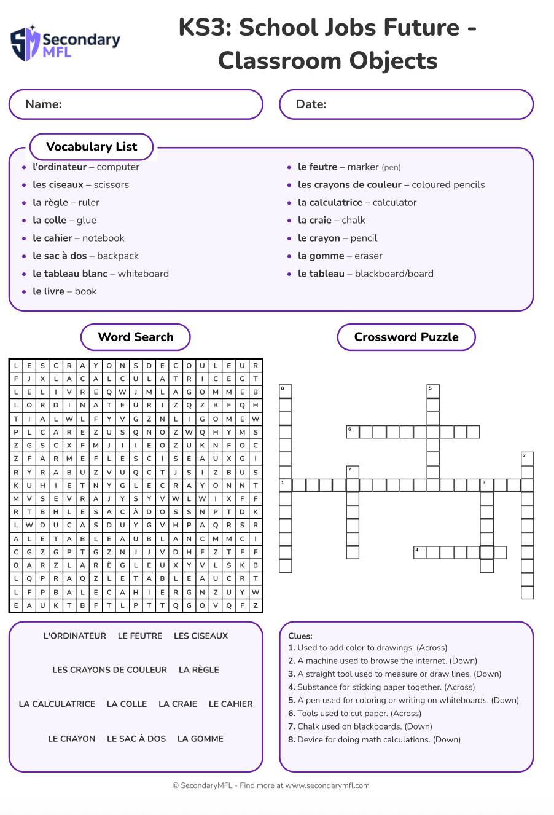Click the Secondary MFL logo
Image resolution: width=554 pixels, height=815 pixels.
coord(66,44)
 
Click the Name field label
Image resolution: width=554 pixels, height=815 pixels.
coord(44,104)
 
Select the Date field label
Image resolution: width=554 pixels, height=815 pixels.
coord(311,104)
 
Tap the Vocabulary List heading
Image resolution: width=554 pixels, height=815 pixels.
coord(92,147)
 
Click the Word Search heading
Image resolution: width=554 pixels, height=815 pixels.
coord(136,337)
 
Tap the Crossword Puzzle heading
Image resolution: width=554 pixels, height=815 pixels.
coord(406,337)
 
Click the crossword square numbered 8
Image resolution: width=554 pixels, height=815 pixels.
coord(286,391)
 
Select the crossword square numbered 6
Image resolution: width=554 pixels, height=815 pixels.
coord(353,431)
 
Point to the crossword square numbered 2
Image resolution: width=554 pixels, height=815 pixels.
coord(527,458)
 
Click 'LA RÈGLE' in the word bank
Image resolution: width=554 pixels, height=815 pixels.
coord(198,670)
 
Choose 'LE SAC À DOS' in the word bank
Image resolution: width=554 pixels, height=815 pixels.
coord(136,739)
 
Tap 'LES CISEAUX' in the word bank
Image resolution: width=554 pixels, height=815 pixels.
coord(201,636)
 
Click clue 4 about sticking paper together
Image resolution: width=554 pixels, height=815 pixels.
coord(381,687)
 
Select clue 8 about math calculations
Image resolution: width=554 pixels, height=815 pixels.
coord(374,739)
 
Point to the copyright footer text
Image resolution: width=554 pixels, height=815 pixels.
coord(271,785)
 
